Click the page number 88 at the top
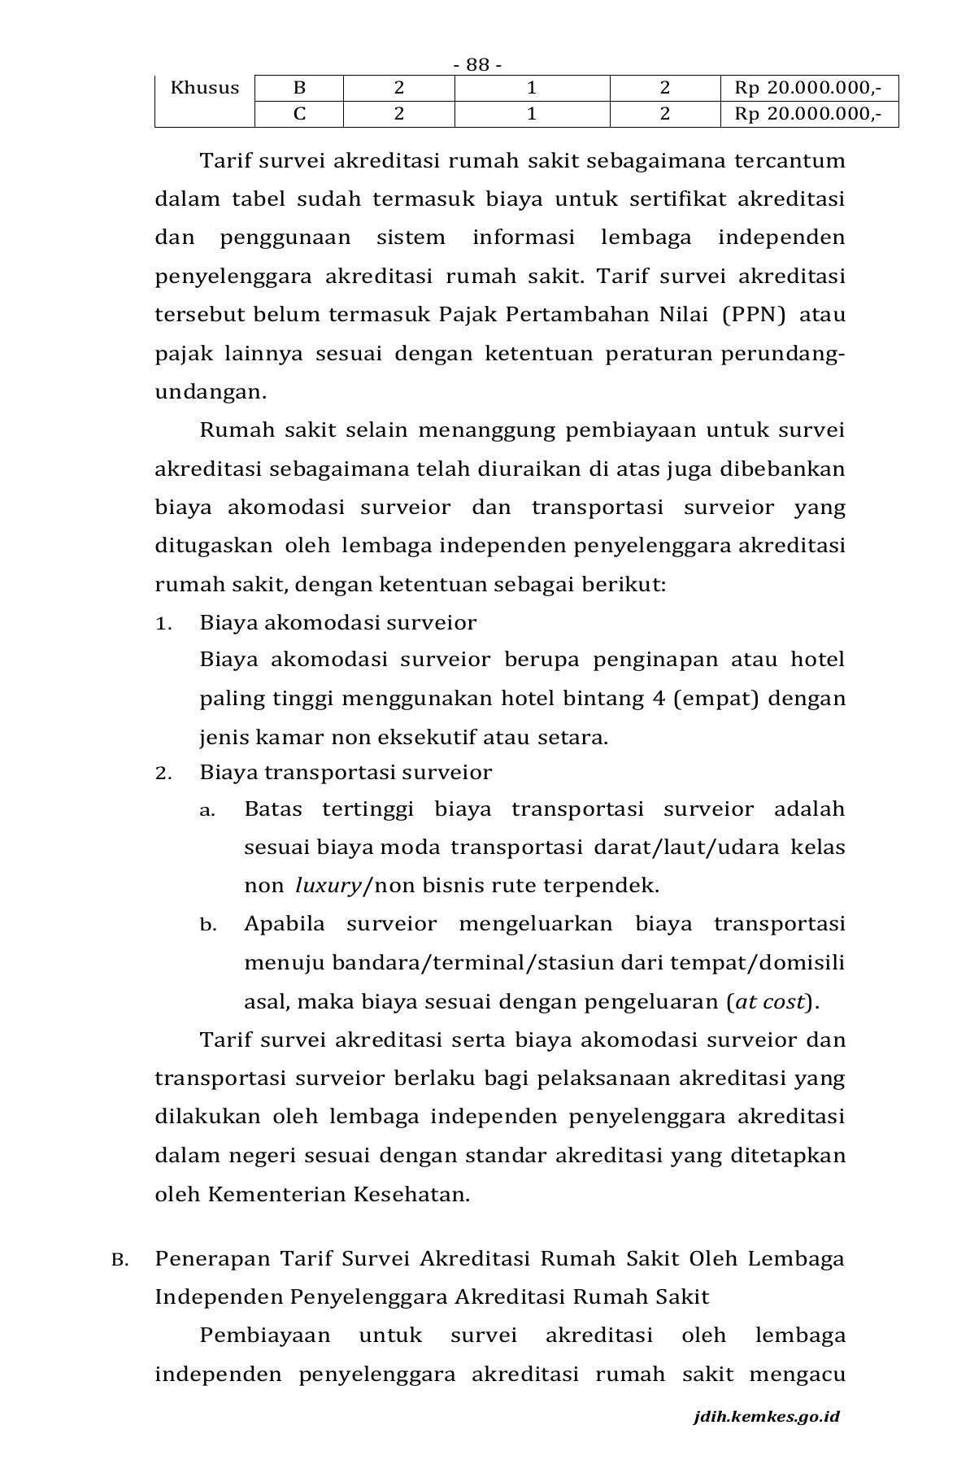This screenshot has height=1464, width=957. coord(477,65)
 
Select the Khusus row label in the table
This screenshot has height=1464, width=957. coord(205,88)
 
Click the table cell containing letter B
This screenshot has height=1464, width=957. coord(299,89)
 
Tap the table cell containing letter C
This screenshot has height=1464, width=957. coord(299,114)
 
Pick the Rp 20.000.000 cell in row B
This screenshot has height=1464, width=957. coord(807,89)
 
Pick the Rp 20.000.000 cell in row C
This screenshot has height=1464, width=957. coord(807,114)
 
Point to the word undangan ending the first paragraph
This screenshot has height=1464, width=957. coord(210,392)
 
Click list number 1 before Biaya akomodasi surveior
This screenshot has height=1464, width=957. coord(163,624)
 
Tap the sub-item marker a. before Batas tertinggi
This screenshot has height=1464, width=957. coord(207,810)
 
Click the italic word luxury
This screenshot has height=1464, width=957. coord(328,886)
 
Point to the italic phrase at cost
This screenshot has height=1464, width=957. coord(769,1002)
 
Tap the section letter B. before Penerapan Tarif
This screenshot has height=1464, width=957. coord(120,1261)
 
